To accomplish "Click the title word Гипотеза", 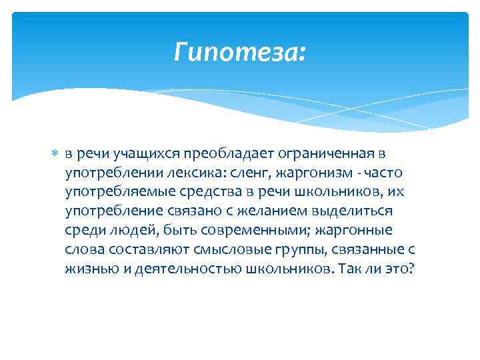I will coord(238,51).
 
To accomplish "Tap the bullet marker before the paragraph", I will coord(55,153).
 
